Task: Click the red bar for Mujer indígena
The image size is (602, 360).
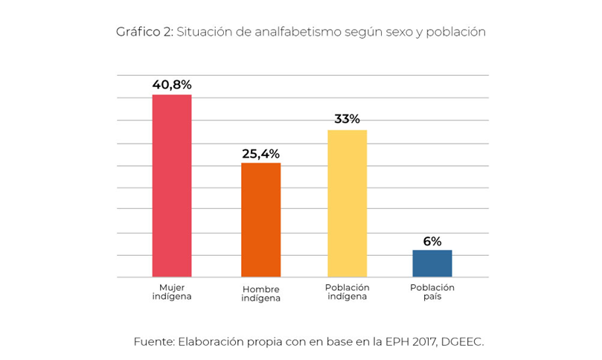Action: (172, 186)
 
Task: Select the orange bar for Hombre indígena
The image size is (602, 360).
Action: (261, 220)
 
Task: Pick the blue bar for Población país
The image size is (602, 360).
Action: (432, 263)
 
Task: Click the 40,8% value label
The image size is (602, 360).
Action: (172, 85)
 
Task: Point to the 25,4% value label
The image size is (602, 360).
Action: (261, 154)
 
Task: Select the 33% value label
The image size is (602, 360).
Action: (347, 119)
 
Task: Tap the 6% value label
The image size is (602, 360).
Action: (432, 241)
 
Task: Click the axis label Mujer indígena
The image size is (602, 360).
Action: (172, 292)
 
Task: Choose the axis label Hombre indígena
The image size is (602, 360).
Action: (261, 294)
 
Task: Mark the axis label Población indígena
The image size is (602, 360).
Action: (347, 292)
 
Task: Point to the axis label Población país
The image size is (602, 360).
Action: (432, 292)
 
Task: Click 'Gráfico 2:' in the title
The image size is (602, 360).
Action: (144, 32)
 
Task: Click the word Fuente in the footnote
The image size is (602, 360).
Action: (153, 341)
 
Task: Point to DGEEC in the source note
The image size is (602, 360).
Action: (464, 341)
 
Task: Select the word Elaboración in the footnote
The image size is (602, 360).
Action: (209, 341)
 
